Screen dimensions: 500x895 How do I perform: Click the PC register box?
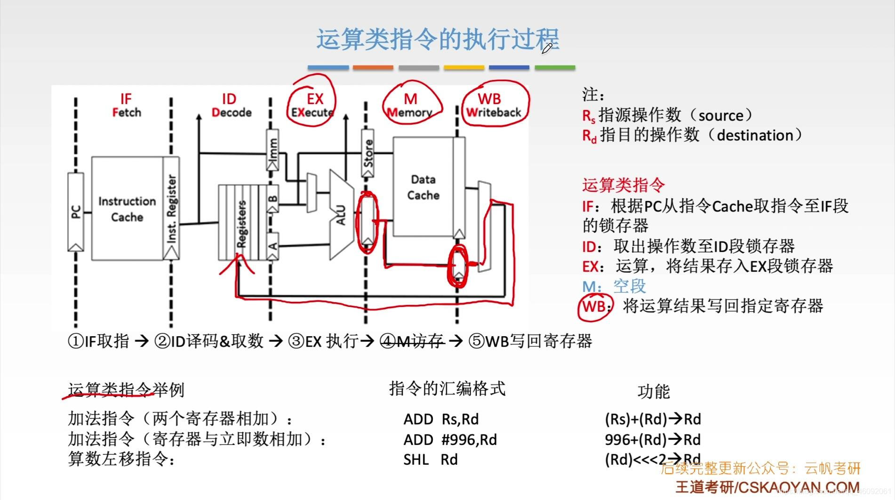pyautogui.click(x=76, y=212)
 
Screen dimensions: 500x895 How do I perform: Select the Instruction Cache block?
pyautogui.click(x=127, y=209)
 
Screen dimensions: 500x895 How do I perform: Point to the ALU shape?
pyautogui.click(x=341, y=215)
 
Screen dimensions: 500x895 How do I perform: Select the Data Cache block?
pyautogui.click(x=423, y=187)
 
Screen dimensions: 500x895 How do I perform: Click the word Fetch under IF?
pyautogui.click(x=126, y=113)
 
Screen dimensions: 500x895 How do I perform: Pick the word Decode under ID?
pyautogui.click(x=232, y=113)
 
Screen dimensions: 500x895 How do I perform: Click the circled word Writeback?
pyautogui.click(x=494, y=113)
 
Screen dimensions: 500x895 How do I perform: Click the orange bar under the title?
pyautogui.click(x=373, y=68)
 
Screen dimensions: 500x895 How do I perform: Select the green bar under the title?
pyautogui.click(x=555, y=68)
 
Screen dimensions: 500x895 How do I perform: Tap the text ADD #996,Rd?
pyautogui.click(x=450, y=440)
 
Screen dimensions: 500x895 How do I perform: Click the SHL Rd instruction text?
pyautogui.click(x=430, y=460)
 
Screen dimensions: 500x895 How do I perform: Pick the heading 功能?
pyautogui.click(x=653, y=392)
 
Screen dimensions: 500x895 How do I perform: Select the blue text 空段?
pyautogui.click(x=630, y=286)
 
